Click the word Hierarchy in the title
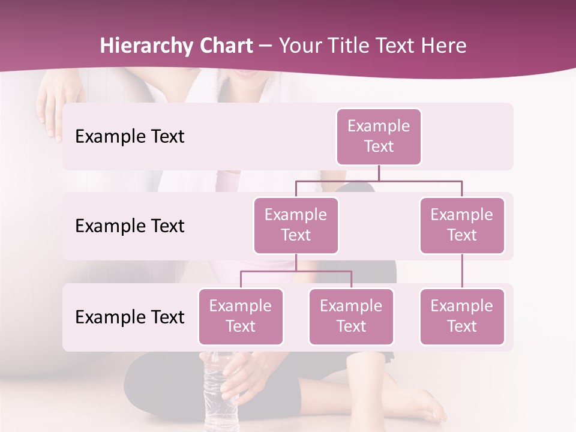(x=145, y=46)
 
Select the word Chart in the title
(x=224, y=46)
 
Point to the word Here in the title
(x=443, y=46)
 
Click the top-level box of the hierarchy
(x=379, y=136)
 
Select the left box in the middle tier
(x=296, y=225)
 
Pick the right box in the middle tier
(x=462, y=225)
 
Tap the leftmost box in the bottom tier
(x=241, y=316)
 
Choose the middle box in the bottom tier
(x=351, y=316)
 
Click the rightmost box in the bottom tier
(x=462, y=316)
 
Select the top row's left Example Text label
(x=130, y=137)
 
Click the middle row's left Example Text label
(x=130, y=226)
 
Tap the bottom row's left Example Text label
(x=130, y=317)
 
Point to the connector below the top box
(x=379, y=173)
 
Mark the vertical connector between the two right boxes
(x=462, y=271)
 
